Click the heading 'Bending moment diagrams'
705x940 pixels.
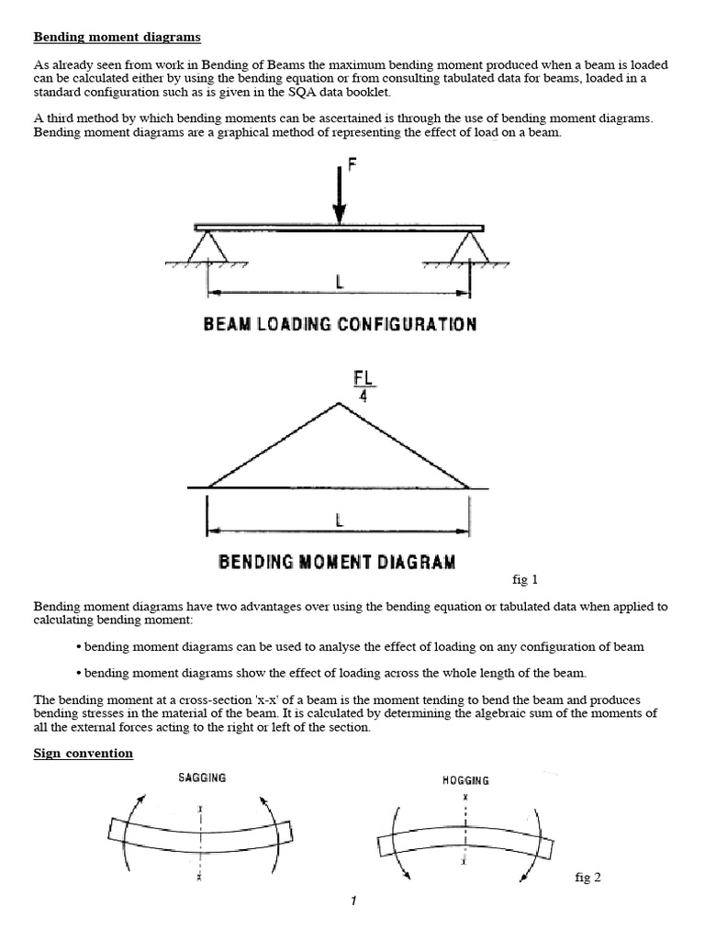pos(117,38)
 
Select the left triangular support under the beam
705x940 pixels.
pos(208,245)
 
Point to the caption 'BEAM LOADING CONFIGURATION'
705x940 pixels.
pos(339,324)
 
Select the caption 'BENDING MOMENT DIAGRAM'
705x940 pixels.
pos(337,561)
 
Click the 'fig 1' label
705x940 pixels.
pos(524,579)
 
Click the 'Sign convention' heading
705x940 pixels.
pos(84,754)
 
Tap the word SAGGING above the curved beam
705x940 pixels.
pos(201,778)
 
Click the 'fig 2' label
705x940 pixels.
pos(587,878)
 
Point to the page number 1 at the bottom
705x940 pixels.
pos(352,901)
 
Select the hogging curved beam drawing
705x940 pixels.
pos(465,836)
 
